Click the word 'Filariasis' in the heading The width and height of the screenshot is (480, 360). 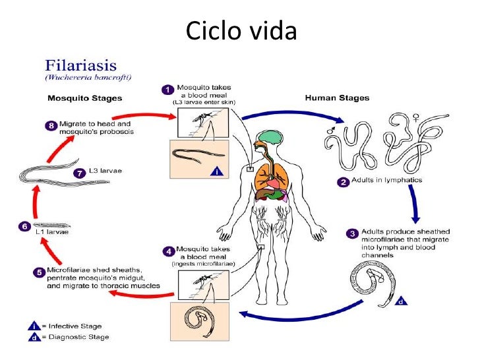coord(80,66)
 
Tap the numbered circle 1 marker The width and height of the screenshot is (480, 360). coord(168,88)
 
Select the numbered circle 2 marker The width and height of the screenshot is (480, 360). coord(343,181)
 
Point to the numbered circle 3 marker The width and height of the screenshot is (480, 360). coord(353,233)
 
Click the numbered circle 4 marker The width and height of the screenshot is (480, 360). coord(168,250)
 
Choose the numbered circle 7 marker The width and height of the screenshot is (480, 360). coord(81,174)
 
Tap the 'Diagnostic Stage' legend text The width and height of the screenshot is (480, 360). coord(77,337)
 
